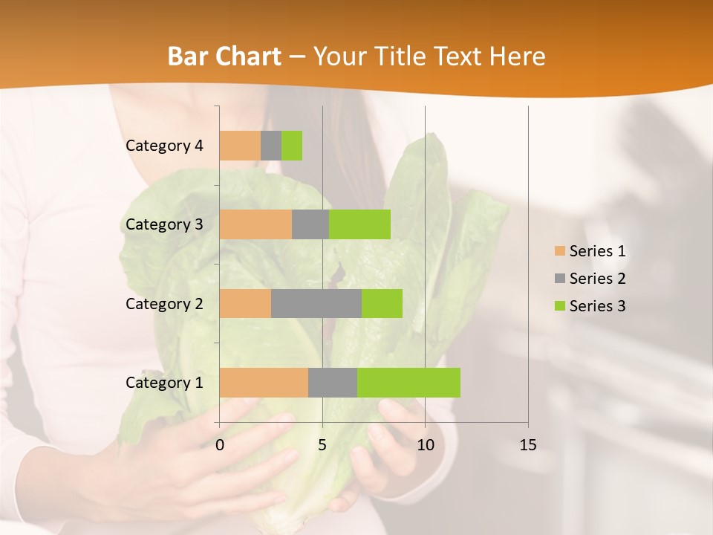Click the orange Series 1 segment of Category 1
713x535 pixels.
264,383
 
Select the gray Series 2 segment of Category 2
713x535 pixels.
316,303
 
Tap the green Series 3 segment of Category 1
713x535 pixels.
408,383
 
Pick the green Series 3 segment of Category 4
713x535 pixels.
292,146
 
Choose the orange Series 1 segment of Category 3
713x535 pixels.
255,224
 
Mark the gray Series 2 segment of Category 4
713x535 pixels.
271,146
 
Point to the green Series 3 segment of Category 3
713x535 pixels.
359,224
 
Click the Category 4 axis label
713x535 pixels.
164,146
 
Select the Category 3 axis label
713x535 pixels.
164,224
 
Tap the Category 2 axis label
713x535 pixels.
164,303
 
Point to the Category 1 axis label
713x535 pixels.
164,383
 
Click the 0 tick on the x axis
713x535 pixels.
220,445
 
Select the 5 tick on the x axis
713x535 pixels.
322,445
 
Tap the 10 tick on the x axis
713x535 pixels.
425,445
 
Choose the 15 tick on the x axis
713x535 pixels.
528,445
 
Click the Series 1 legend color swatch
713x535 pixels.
559,251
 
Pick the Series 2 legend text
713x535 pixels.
597,279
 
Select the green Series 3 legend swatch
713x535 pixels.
559,306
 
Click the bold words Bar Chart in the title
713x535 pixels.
224,56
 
